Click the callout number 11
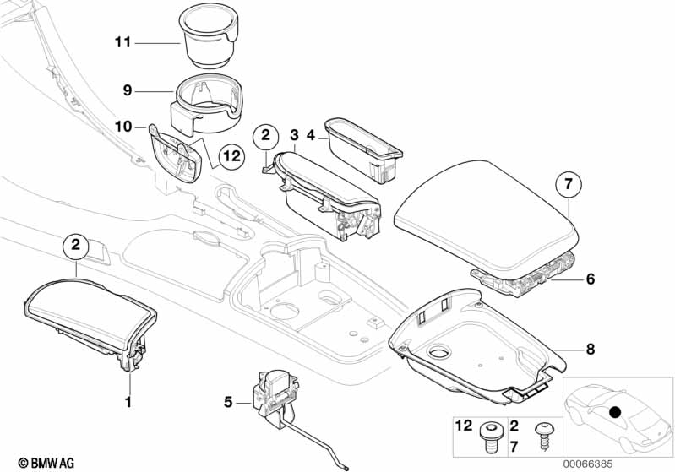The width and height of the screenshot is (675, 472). click(123, 42)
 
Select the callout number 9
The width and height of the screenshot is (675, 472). click(128, 90)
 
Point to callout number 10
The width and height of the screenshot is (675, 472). click(123, 127)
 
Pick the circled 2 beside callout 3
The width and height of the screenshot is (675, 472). click(266, 135)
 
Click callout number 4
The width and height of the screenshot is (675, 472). click(310, 135)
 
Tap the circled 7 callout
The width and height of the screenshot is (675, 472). click(569, 182)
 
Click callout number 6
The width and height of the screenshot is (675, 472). click(591, 278)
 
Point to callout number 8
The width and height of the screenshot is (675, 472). click(591, 350)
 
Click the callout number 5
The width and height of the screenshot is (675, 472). click(228, 402)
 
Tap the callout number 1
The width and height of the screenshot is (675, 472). click(129, 402)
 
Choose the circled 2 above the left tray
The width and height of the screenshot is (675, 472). click(76, 246)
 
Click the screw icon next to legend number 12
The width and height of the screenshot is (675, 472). click(489, 436)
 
